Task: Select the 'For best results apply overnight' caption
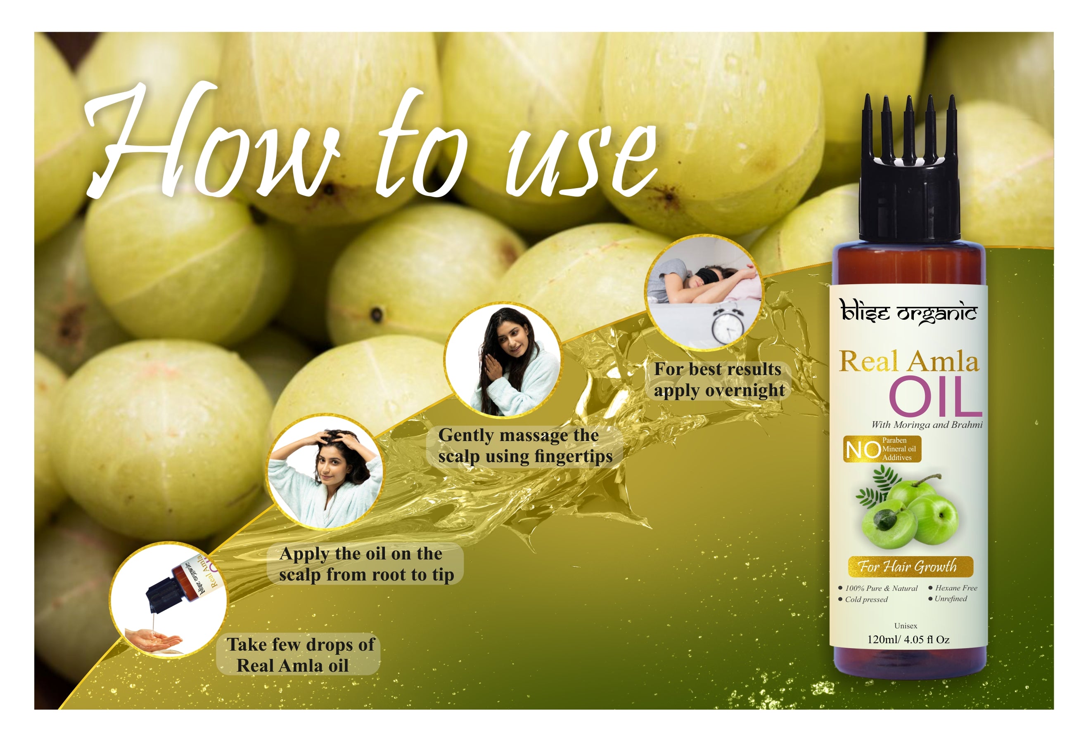718,380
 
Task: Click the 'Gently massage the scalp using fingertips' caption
525,446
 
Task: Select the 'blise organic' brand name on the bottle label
908,311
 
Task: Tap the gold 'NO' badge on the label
882,449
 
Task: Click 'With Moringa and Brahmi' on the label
927,425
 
